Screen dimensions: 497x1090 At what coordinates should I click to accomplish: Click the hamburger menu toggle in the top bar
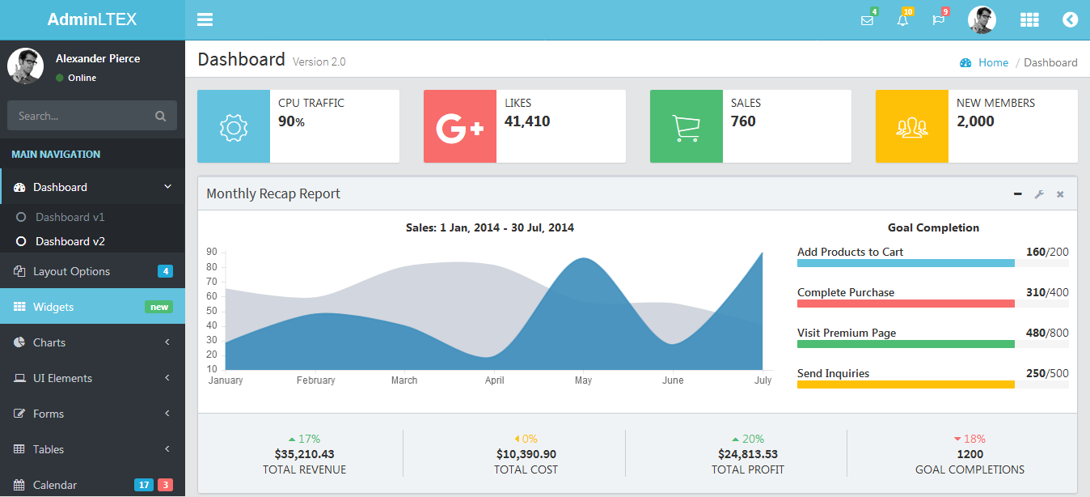[205, 19]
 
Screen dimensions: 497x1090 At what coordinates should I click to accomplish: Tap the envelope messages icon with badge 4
[867, 20]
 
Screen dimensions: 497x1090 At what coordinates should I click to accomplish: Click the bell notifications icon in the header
[902, 20]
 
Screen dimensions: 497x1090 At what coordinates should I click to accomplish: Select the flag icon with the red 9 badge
[938, 20]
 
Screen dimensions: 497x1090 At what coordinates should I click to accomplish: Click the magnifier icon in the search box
[160, 116]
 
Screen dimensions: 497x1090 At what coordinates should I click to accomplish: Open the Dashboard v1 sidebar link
[70, 217]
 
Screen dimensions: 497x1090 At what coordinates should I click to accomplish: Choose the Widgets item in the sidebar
[53, 307]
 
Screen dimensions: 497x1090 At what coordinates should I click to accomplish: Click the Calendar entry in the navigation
[55, 485]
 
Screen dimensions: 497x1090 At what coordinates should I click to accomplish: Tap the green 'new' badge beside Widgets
[159, 307]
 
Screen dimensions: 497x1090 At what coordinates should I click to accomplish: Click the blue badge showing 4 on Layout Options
[165, 271]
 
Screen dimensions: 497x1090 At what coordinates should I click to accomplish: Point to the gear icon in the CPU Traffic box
[234, 127]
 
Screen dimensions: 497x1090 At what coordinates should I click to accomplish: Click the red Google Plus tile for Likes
[459, 127]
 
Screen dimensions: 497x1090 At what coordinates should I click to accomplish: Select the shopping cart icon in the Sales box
[686, 127]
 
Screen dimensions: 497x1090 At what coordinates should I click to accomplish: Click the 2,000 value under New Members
[975, 121]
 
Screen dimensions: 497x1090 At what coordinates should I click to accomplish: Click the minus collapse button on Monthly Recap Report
[1018, 194]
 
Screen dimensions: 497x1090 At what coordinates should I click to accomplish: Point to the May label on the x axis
[583, 380]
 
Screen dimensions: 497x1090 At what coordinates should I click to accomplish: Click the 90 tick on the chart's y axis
[211, 252]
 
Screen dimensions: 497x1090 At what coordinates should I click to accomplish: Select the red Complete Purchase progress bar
[906, 304]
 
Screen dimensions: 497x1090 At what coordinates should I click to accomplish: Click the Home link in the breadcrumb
[993, 62]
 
